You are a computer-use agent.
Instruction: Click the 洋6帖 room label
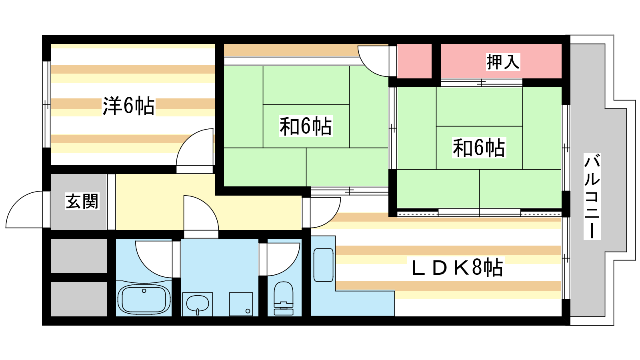[x=128, y=106]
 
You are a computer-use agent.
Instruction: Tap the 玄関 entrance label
[x=82, y=201]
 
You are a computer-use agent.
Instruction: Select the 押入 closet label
[x=503, y=62]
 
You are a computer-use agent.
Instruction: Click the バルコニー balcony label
[x=592, y=196]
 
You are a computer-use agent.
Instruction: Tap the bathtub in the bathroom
[x=144, y=299]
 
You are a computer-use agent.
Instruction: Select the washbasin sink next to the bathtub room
[x=197, y=304]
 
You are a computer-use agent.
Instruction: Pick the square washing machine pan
[x=241, y=304]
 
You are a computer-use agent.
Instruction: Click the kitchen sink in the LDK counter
[x=323, y=265]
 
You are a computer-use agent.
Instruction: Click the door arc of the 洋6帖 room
[x=195, y=148]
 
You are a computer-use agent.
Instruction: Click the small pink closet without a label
[x=414, y=61]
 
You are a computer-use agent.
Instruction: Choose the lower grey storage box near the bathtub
[x=79, y=299]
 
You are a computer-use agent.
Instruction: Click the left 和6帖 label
[x=306, y=126]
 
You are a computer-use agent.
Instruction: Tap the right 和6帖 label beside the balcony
[x=479, y=148]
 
